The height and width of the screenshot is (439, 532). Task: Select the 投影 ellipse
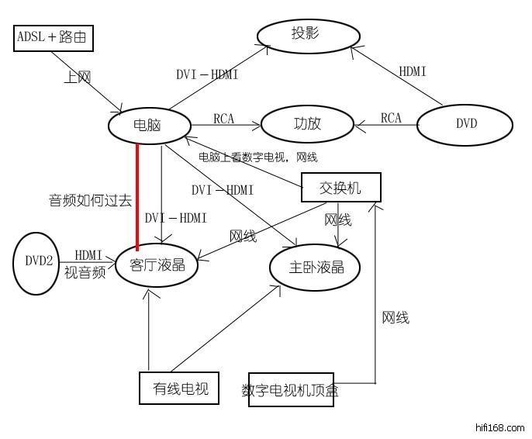click(x=306, y=34)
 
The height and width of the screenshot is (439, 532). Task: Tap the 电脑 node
click(x=149, y=124)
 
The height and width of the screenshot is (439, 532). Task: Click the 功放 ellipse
click(x=307, y=123)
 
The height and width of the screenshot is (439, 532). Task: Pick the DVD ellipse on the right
click(x=465, y=123)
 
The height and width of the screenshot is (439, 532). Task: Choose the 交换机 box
click(x=340, y=187)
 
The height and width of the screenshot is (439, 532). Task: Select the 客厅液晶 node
click(x=158, y=264)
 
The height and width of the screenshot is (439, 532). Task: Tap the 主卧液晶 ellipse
click(x=316, y=268)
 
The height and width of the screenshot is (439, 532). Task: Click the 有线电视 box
click(x=179, y=388)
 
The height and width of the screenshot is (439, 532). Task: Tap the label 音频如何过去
click(x=90, y=200)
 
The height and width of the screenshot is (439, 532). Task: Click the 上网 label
click(x=78, y=78)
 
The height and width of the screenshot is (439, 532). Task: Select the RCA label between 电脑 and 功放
click(x=224, y=118)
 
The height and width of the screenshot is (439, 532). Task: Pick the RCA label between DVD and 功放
click(x=391, y=118)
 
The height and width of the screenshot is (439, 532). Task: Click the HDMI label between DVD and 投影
click(x=412, y=71)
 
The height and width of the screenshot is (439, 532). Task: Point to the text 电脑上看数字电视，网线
click(x=257, y=157)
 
